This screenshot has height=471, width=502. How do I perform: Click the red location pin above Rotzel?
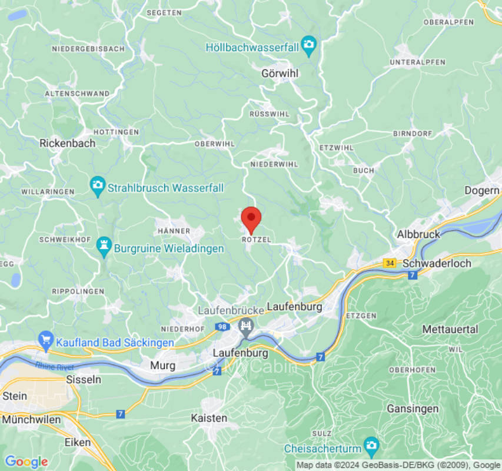tap(251, 219)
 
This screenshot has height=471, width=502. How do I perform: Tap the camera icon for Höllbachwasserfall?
tap(308, 45)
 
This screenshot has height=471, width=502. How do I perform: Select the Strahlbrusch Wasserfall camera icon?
tap(98, 187)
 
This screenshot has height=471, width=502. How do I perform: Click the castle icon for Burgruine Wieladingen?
tap(105, 248)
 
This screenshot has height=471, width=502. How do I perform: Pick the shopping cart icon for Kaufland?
tap(45, 341)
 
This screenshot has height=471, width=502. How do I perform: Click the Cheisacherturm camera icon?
tap(371, 447)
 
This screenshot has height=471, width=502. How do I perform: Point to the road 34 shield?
tap(389, 263)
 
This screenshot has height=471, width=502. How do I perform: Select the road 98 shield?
tap(222, 327)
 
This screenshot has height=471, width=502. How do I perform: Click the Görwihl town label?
tap(280, 74)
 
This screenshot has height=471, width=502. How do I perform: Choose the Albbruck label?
tap(418, 234)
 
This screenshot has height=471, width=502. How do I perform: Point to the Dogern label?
tap(482, 191)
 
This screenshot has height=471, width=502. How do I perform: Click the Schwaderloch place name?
tap(437, 263)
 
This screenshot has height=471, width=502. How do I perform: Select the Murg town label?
tap(162, 366)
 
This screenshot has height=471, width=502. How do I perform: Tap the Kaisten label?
tap(209, 417)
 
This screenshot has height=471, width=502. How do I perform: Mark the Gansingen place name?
tap(413, 408)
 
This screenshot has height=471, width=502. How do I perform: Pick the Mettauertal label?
tap(450, 330)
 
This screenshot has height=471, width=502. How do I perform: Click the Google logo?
tap(26, 462)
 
